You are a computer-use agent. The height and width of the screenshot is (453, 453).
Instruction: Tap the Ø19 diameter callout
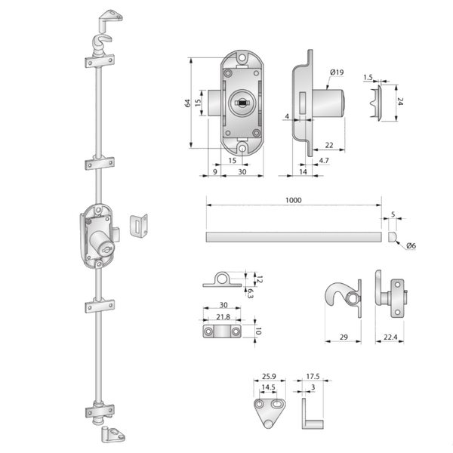point(337,72)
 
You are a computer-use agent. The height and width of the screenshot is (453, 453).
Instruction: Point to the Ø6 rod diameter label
point(411,246)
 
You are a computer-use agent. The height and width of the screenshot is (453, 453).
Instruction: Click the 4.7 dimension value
point(323,161)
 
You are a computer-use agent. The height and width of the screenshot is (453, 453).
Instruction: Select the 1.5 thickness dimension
point(368,77)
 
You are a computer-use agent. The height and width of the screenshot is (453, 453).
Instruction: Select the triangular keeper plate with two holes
point(267,412)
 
